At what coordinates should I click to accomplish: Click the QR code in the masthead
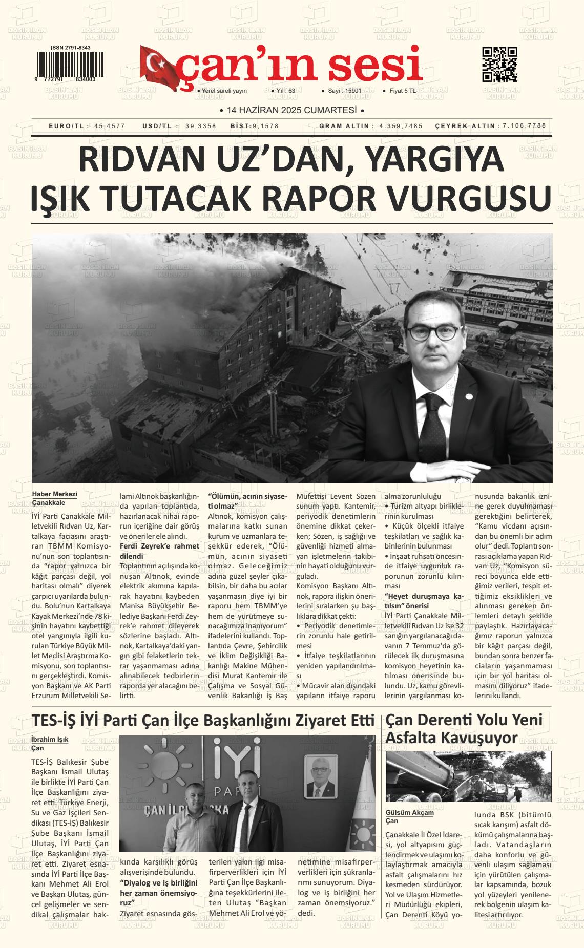click(x=499, y=65)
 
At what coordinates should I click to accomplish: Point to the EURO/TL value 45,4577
click(x=110, y=126)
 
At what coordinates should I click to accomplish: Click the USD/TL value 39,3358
click(x=201, y=126)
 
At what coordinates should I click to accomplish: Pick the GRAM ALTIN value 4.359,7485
click(x=401, y=126)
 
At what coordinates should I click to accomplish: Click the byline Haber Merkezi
click(x=54, y=494)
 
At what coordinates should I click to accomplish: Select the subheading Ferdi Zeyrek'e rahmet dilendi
click(x=159, y=551)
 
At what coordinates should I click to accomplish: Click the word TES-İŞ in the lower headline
click(x=54, y=720)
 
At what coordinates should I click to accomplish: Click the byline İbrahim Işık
click(x=50, y=740)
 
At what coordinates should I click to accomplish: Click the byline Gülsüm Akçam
click(x=409, y=813)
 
